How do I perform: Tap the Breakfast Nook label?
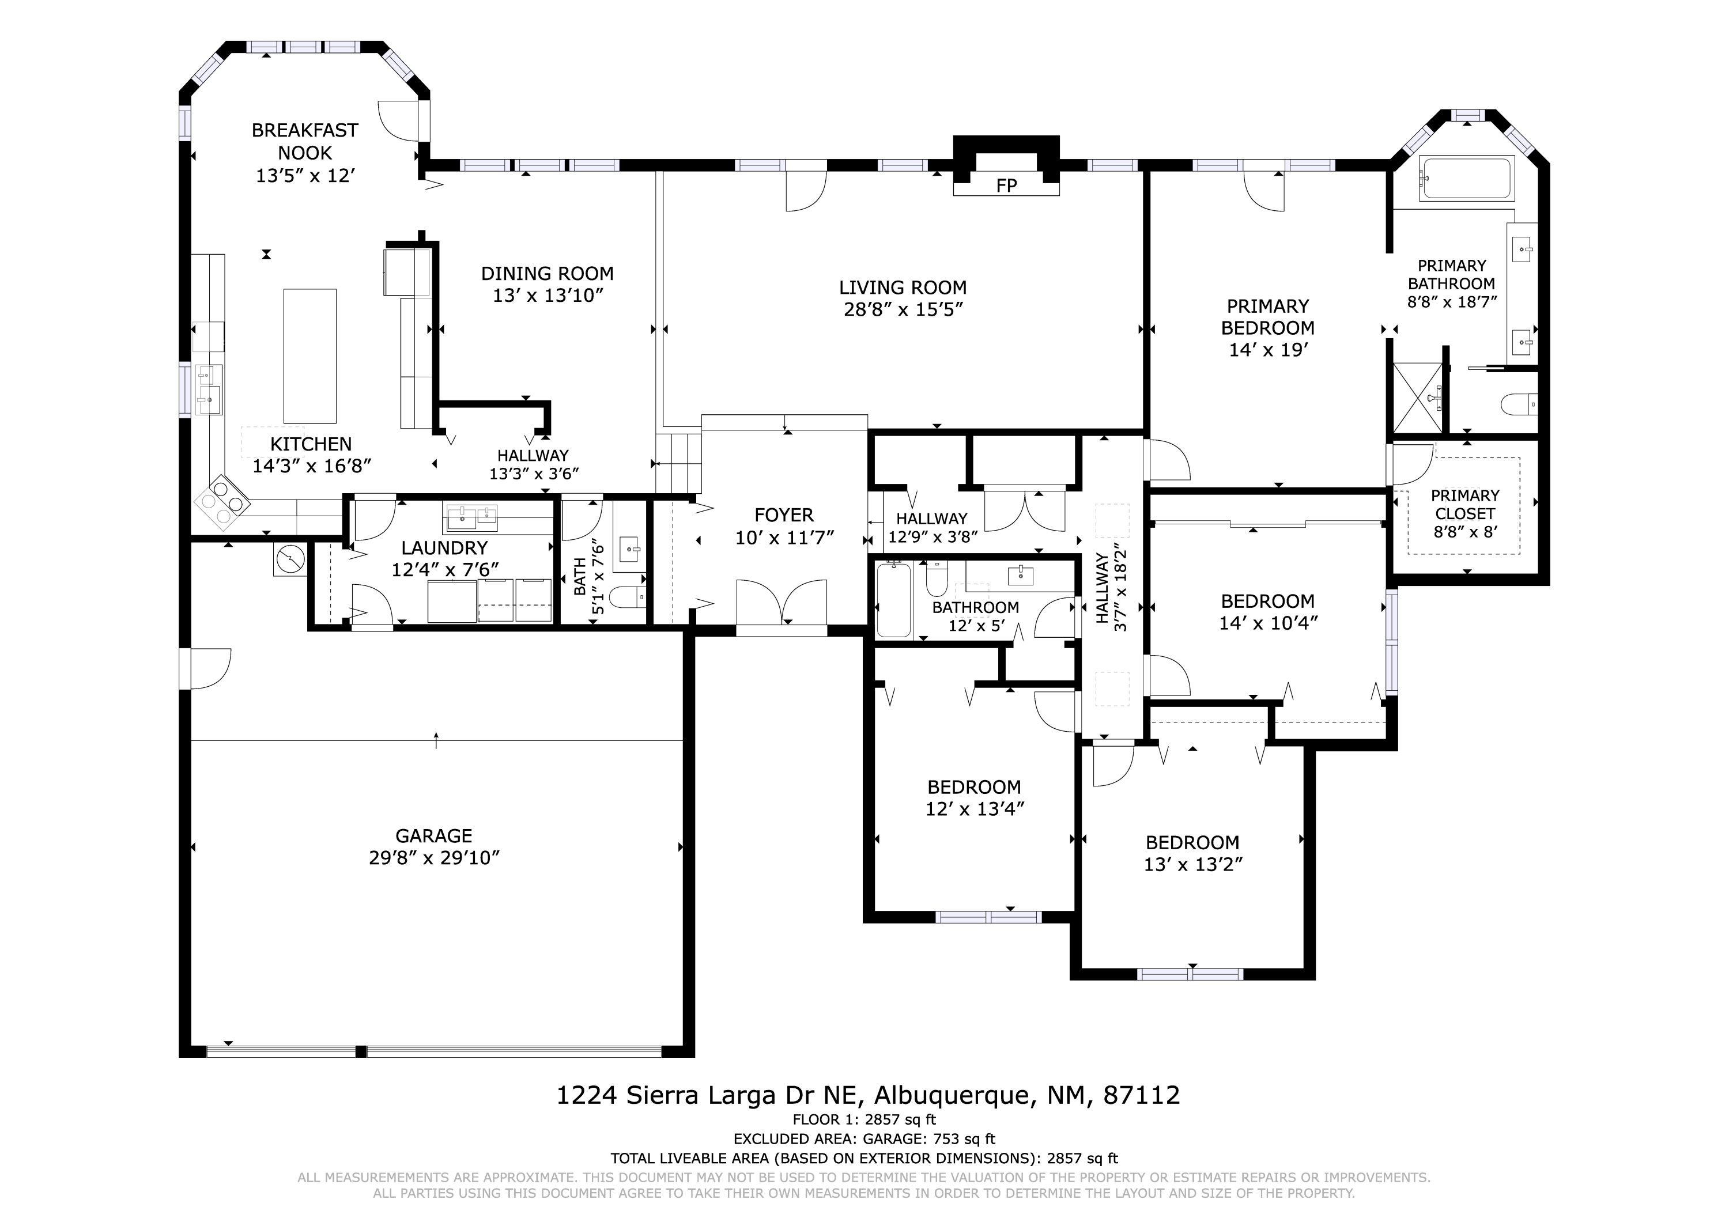click(x=305, y=142)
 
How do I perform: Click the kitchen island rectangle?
click(x=309, y=356)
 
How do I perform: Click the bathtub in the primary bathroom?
click(x=1466, y=179)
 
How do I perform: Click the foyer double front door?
click(x=782, y=601)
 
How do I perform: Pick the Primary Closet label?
click(x=1464, y=505)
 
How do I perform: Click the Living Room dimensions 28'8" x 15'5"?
click(x=903, y=309)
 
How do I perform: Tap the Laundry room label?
click(x=444, y=547)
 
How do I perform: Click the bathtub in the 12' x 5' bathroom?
click(x=894, y=600)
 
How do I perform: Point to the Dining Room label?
click(x=548, y=273)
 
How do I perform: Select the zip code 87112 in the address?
click(x=1142, y=1095)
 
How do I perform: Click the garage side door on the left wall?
click(x=205, y=668)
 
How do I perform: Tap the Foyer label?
click(x=784, y=515)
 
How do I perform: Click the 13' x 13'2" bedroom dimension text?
click(x=1193, y=864)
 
